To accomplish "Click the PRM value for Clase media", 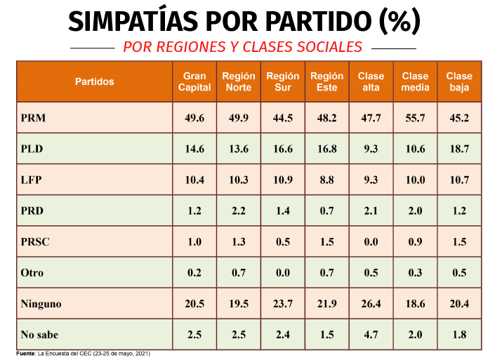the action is (x=415, y=118).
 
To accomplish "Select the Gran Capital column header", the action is (x=194, y=81).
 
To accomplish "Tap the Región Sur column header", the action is (x=283, y=81).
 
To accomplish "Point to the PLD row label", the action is (x=32, y=149).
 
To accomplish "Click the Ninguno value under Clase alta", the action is (x=371, y=303).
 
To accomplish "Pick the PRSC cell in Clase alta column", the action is (x=371, y=241).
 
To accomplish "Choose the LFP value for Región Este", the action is (x=326, y=180).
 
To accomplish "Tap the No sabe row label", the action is (x=39, y=335).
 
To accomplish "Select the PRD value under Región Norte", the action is (x=239, y=211).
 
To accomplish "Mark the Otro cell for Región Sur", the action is (x=283, y=273).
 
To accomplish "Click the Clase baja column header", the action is (x=459, y=81).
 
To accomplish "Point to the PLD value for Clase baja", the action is (x=459, y=149).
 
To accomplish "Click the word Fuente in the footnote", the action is (x=25, y=354).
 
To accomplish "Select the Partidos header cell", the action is (x=95, y=81).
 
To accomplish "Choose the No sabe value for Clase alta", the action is (x=371, y=335).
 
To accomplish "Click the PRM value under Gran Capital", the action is (x=194, y=118).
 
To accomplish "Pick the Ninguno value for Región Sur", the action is (x=283, y=303).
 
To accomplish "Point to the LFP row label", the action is (x=31, y=180).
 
